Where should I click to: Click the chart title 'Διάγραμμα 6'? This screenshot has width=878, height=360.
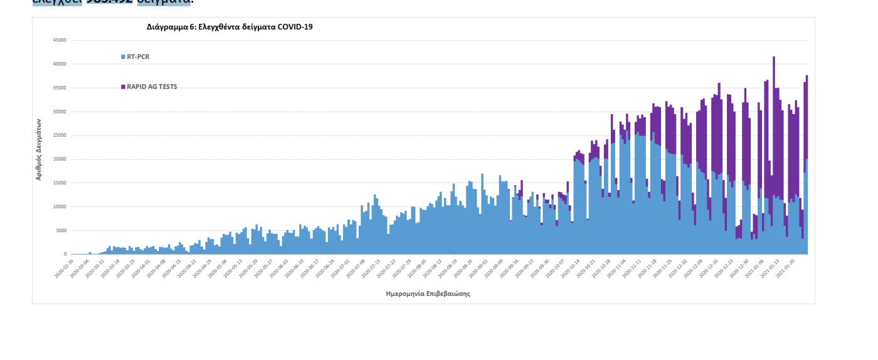click(229, 27)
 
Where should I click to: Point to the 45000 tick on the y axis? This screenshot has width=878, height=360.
click(60, 40)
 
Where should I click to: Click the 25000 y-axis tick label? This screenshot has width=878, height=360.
click(60, 135)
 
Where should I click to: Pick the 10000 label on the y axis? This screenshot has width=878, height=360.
click(60, 206)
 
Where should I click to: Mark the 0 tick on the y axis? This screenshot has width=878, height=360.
click(64, 254)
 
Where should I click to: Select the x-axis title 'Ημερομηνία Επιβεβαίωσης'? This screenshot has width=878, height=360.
click(428, 294)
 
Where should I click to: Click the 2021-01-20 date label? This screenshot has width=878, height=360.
click(786, 268)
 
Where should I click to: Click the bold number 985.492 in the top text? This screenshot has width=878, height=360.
click(109, 2)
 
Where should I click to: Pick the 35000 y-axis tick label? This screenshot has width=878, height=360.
click(60, 88)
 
